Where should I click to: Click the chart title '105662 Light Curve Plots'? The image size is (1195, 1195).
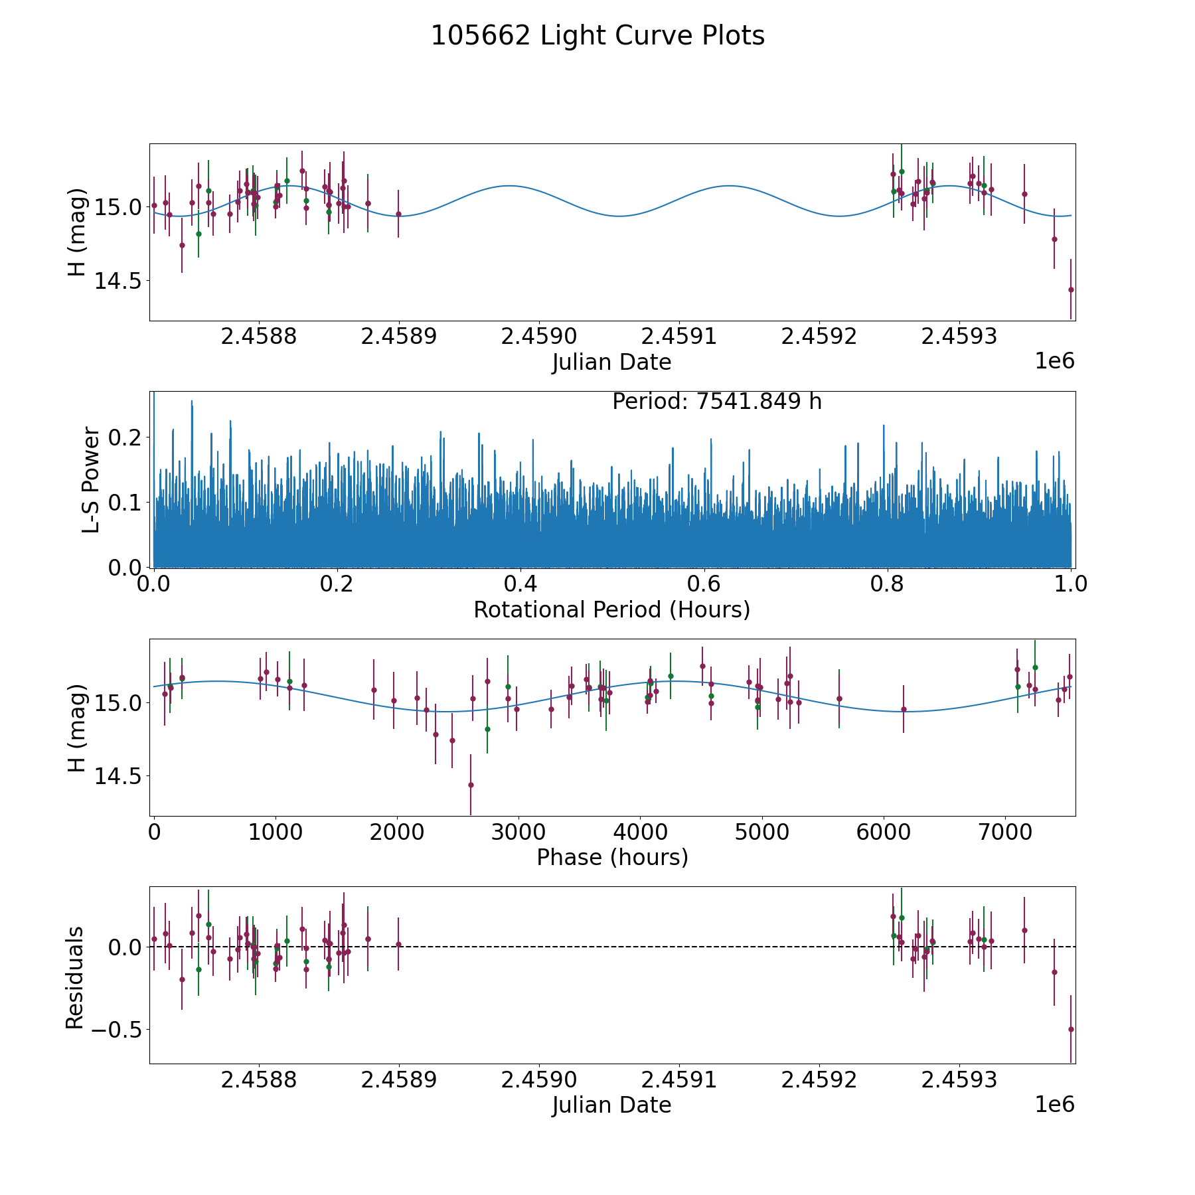[x=597, y=36]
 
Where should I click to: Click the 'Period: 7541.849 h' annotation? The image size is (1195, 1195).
[x=717, y=402]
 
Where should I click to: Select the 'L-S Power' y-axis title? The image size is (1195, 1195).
[x=91, y=479]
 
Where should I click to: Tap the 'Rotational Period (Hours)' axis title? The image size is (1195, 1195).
[x=611, y=609]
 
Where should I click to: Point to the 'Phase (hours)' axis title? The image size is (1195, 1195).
[x=611, y=857]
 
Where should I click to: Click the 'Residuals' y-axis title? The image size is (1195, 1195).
[x=75, y=978]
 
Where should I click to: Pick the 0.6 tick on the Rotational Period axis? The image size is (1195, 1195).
[x=704, y=584]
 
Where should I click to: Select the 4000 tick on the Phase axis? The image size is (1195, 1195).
[x=640, y=832]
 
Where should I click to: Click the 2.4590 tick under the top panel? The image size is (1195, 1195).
[x=538, y=337]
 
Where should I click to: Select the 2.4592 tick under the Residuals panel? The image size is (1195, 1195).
[x=819, y=1079]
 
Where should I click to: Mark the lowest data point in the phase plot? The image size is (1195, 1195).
[x=471, y=785]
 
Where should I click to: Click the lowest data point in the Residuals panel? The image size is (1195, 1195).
[x=1070, y=1029]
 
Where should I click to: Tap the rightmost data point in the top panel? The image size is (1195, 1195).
[x=1070, y=289]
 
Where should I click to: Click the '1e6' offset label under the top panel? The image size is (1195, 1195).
[x=1054, y=361]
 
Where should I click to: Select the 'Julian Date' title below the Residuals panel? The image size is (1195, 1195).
[x=611, y=1105]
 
